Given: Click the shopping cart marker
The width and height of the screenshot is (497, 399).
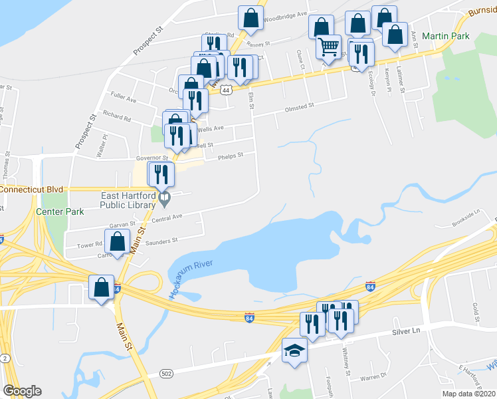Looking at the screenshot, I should pyautogui.click(x=328, y=47).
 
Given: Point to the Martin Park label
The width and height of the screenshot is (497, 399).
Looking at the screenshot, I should pyautogui.click(x=450, y=35).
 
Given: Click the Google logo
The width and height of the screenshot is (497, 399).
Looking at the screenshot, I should pyautogui.click(x=22, y=391).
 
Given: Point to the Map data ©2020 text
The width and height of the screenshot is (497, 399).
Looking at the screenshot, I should pyautogui.click(x=468, y=394).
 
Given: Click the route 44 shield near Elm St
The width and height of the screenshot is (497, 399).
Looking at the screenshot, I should pyautogui.click(x=227, y=90).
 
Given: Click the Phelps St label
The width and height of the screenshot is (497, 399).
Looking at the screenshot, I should pyautogui.click(x=231, y=156).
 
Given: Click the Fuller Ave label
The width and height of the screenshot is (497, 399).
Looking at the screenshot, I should pyautogui.click(x=124, y=100).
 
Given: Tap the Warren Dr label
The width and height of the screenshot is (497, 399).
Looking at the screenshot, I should pyautogui.click(x=374, y=376).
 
